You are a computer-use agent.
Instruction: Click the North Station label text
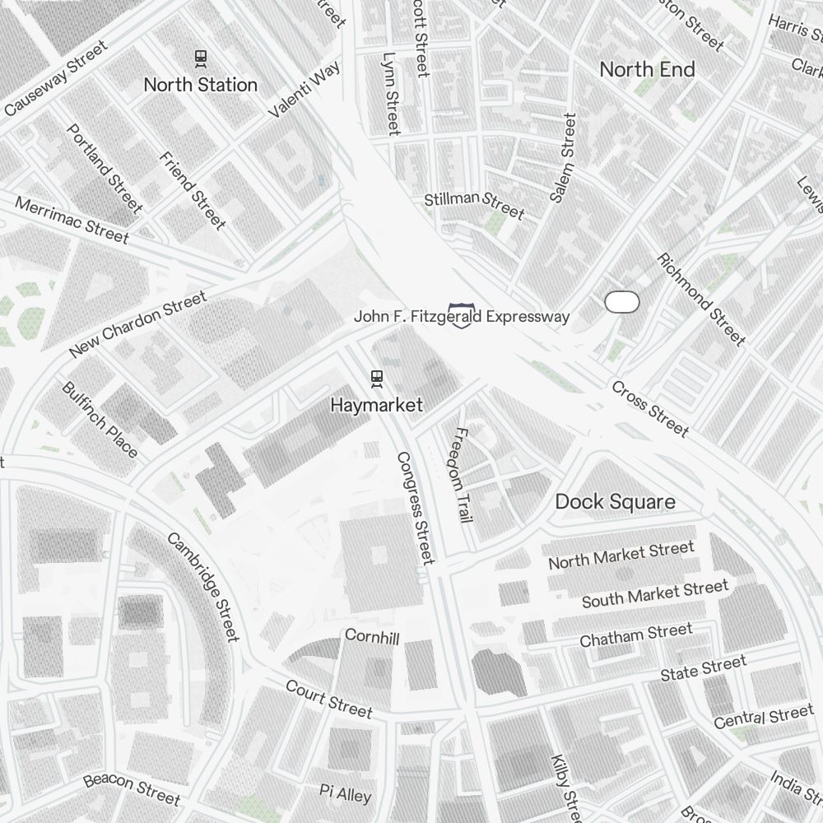200,85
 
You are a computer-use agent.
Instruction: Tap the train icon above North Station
200,58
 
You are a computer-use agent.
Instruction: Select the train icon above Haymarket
377,378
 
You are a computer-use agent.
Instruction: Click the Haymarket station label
377,405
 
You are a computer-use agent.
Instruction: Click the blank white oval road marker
621,302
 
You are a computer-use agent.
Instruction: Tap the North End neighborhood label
647,70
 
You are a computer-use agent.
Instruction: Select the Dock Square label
615,502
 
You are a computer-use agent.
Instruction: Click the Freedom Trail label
462,475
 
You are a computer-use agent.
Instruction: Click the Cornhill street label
372,637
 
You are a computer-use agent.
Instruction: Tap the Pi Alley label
346,793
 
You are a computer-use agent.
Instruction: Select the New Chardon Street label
137,326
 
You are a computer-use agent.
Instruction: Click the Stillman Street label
474,205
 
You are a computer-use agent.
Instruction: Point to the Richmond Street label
701,299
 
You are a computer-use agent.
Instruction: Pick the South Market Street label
655,593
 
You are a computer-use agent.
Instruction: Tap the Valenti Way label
305,90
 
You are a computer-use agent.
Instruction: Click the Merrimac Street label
72,221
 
